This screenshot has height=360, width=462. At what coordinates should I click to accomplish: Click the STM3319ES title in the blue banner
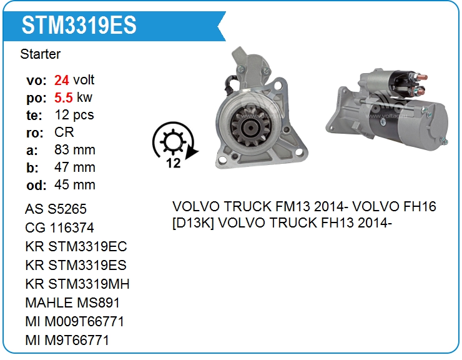tap(79, 25)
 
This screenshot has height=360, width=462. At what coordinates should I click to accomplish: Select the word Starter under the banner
tap(41, 54)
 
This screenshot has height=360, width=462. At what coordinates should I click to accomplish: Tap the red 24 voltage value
tap(62, 80)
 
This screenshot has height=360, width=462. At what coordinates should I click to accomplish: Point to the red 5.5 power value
tap(63, 97)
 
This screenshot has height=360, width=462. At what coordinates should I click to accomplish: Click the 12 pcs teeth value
tap(74, 115)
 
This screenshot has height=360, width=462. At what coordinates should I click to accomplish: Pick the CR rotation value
tap(64, 132)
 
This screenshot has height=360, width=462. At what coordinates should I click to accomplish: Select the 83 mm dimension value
tap(75, 149)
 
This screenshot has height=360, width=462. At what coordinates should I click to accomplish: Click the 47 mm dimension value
tap(75, 167)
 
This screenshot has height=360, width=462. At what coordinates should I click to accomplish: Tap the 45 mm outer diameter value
tap(75, 185)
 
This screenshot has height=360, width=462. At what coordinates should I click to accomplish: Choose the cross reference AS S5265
tap(56, 209)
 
